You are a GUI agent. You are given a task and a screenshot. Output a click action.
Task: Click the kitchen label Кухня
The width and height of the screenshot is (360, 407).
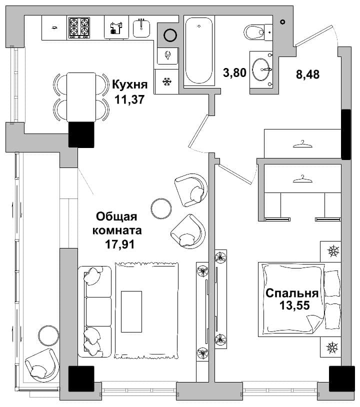(130, 84)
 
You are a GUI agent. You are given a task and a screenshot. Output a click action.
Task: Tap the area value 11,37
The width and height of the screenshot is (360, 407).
(129, 99)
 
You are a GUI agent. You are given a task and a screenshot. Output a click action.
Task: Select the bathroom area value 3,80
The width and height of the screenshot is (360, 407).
(234, 72)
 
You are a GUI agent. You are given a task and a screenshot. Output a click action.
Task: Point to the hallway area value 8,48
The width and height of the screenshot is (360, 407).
(307, 74)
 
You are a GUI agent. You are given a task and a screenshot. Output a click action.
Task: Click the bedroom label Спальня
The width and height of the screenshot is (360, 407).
(292, 293)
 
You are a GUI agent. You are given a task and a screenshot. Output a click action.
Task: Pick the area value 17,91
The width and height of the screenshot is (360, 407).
(120, 244)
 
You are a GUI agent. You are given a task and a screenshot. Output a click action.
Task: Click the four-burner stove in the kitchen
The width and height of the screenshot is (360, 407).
(79, 28)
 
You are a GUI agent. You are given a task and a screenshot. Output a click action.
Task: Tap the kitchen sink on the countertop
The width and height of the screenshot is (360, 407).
(141, 28)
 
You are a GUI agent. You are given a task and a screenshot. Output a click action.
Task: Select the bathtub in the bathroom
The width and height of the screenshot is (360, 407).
(199, 50)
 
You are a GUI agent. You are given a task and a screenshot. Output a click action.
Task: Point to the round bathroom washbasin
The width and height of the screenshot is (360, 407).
(261, 69)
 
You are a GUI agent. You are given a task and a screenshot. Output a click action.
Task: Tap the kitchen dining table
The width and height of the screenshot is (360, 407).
(81, 97)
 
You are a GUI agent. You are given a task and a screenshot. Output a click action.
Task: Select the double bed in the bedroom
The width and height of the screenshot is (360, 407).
(299, 299)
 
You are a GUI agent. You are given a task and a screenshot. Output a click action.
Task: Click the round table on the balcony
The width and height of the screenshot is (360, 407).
(48, 335)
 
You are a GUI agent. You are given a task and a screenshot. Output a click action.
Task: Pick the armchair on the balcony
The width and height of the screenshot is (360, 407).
(42, 365)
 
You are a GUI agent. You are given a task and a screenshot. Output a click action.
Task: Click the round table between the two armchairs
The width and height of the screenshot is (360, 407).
(161, 208)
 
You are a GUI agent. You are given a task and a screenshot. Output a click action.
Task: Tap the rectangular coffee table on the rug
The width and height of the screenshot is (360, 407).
(131, 311)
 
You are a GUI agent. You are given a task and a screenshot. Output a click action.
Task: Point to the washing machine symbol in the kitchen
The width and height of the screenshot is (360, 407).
(116, 27)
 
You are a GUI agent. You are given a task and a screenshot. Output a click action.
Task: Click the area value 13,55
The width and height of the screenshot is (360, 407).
(294, 305)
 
